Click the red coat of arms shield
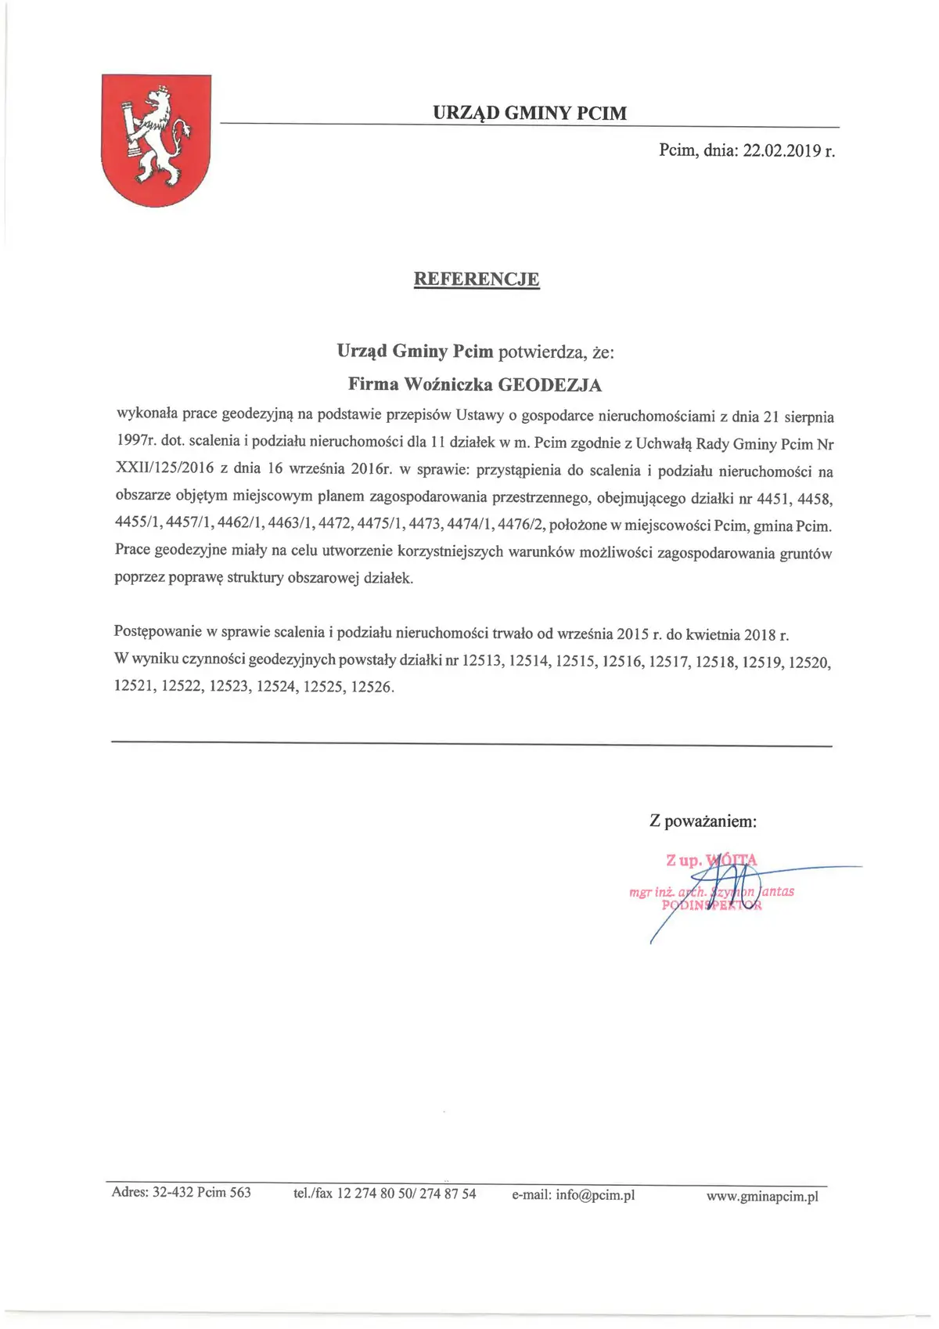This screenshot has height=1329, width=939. (x=156, y=139)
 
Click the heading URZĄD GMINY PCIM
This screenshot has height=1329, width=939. (x=530, y=114)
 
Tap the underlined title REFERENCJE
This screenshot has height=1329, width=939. (x=476, y=279)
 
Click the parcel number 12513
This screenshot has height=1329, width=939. (x=482, y=662)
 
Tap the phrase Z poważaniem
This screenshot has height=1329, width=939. (x=703, y=822)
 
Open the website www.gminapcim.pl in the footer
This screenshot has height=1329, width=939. (x=761, y=1196)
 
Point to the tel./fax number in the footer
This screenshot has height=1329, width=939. (x=406, y=1194)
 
